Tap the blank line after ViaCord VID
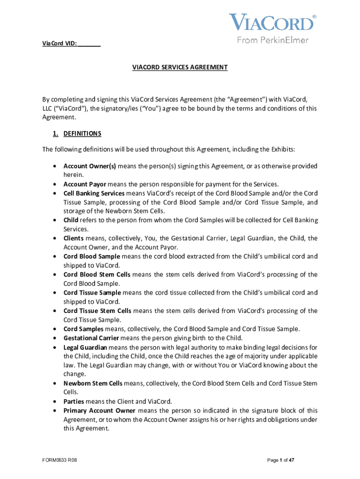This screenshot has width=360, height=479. tap(89, 44)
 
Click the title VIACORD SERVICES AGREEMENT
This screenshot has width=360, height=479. tap(180, 67)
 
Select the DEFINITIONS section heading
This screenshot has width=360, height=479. tap(82, 134)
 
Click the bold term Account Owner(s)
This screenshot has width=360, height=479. tap(90, 166)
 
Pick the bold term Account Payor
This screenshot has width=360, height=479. tap(85, 184)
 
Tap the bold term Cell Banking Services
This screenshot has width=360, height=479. tap(94, 193)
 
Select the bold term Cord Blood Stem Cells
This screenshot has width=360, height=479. tap(97, 275)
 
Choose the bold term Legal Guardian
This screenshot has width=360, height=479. tap(86, 347)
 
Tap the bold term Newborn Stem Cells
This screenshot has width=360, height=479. tap(93, 384)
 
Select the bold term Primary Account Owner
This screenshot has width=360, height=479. tap(97, 411)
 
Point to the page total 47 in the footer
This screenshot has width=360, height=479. tap(291, 460)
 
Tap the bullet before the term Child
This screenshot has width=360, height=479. tap(55, 220)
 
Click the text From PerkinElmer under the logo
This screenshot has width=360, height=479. tap(273, 40)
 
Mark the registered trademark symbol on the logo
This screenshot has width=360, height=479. tap(314, 16)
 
